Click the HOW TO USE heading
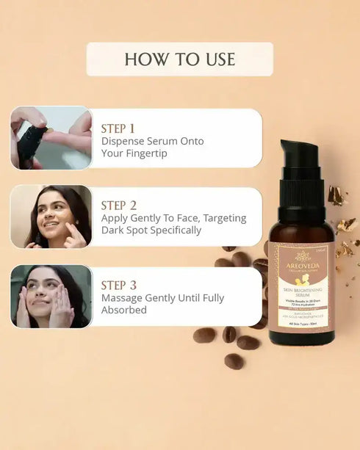point(180,59)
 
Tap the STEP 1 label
point(118,128)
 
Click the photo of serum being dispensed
point(51,138)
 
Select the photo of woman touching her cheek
point(51,216)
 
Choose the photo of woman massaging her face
point(51,296)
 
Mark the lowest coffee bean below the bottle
point(234,361)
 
